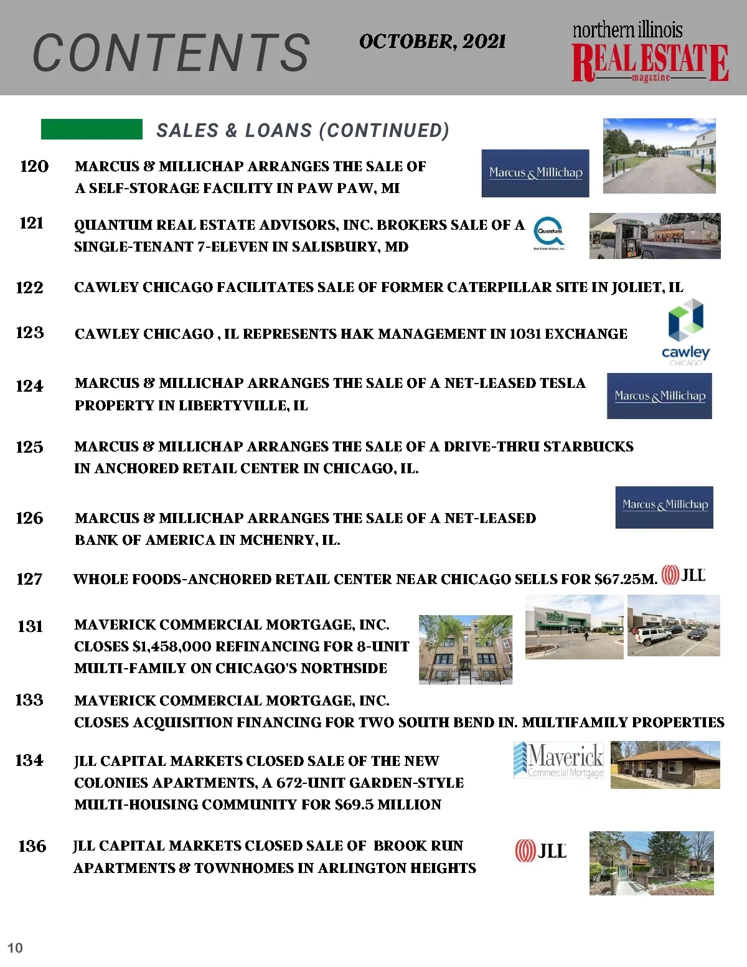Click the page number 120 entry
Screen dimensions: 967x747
coord(34,166)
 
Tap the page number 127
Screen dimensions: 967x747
coord(29,579)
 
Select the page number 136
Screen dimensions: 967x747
coord(32,846)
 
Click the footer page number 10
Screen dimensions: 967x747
coord(15,948)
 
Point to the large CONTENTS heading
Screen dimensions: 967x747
coord(171,53)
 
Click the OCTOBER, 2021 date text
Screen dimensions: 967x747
coord(432,42)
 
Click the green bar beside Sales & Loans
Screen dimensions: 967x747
coord(92,129)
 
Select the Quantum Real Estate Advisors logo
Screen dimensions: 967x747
coord(549,233)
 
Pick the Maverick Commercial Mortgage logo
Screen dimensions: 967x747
coord(558,760)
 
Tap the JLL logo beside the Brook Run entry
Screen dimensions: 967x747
coord(540,851)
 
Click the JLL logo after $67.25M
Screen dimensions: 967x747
coord(683,575)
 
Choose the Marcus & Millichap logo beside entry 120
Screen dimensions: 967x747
coord(535,173)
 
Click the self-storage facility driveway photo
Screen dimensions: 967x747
coord(659,156)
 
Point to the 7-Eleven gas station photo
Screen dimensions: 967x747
coord(655,236)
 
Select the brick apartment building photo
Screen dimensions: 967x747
coord(466,649)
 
